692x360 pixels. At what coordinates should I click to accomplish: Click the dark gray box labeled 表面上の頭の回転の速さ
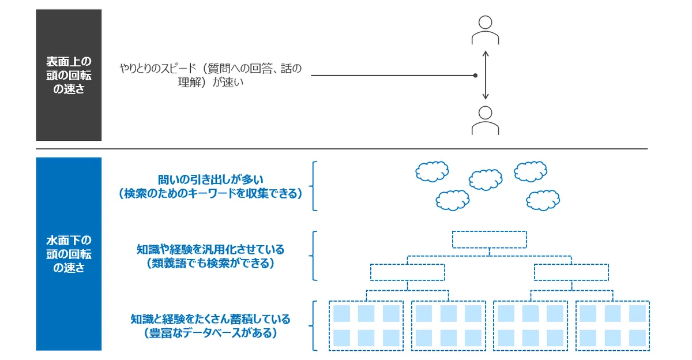point(69,75)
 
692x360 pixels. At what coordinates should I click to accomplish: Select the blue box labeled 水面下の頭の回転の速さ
point(69,254)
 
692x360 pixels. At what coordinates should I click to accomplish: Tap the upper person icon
point(485,30)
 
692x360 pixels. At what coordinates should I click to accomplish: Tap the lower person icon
point(485,121)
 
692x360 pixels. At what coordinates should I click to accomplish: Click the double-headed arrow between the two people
point(486,75)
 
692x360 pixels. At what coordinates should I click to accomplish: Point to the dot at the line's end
point(475,76)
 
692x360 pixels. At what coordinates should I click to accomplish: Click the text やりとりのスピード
point(158,68)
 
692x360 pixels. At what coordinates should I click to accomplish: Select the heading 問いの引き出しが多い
point(210,179)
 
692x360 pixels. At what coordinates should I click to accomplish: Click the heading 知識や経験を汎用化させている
point(210,249)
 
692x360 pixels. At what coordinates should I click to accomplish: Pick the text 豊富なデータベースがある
point(210,333)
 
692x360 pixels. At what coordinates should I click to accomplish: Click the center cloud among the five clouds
point(486,179)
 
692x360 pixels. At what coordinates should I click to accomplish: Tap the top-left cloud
point(432,171)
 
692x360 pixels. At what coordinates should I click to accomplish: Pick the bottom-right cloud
point(543,200)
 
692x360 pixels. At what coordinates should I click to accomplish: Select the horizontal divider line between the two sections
point(342,149)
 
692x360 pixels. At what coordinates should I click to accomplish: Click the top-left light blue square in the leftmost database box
point(341,313)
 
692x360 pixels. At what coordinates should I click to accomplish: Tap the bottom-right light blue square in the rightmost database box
point(637,337)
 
